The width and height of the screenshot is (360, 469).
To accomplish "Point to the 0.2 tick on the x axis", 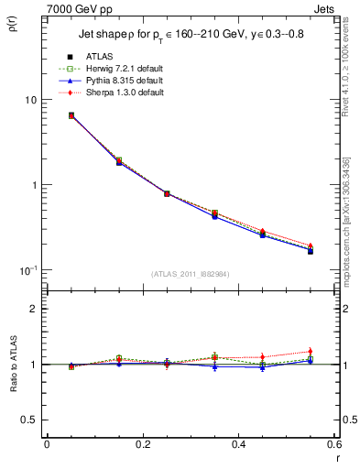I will click(141, 445).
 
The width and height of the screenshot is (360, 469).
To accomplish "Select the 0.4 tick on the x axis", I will click(237, 445).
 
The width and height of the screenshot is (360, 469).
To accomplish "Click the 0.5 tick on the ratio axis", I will click(27, 420).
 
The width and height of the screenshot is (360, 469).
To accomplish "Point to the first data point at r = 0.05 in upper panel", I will click(71, 115).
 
